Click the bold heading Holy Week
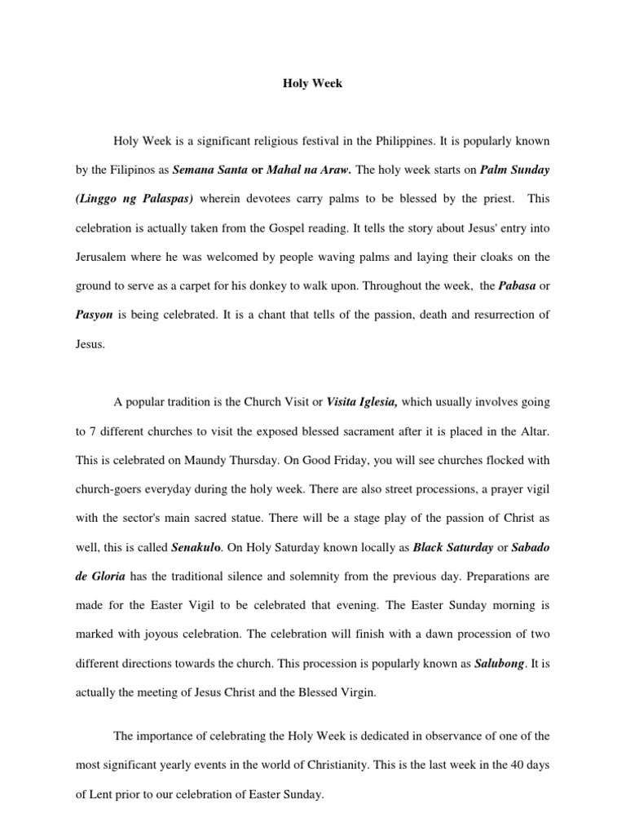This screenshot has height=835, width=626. tap(312, 83)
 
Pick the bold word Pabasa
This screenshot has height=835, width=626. tap(514, 285)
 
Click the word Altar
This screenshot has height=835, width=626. tap(535, 431)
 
